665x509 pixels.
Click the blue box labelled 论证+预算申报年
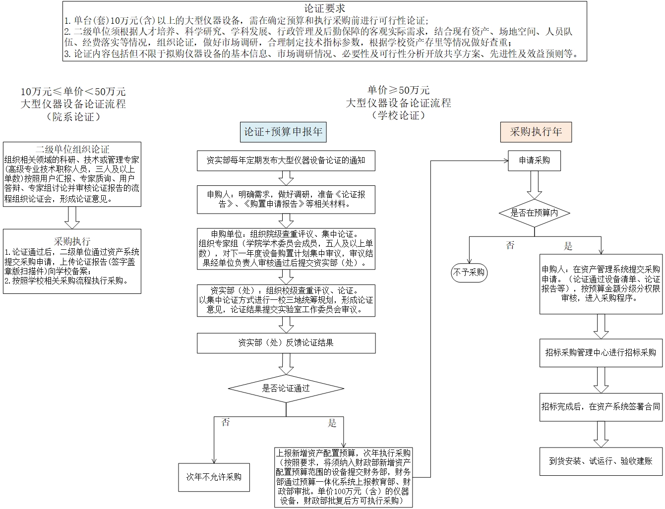(283, 132)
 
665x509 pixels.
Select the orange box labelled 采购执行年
(536, 132)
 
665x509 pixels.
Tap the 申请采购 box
(534, 161)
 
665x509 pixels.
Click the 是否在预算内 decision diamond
(534, 213)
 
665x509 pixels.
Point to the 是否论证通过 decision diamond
(286, 388)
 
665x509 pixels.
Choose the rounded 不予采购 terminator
(469, 272)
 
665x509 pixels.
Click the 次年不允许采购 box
(214, 477)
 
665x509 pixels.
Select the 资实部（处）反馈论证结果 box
(286, 343)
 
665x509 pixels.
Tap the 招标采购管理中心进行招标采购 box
(601, 352)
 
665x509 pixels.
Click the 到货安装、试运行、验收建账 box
(601, 461)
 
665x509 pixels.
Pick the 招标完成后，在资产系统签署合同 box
(601, 407)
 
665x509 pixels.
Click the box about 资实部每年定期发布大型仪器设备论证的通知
(286, 161)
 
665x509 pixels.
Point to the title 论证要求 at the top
(325, 8)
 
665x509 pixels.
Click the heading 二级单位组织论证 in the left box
(72, 149)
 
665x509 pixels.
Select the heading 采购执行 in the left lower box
(72, 241)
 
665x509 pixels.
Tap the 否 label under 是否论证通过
(226, 422)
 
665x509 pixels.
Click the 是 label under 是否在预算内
(568, 246)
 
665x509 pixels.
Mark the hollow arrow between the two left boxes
(72, 217)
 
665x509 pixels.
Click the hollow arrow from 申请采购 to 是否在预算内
(534, 185)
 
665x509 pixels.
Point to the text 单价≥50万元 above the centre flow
(398, 90)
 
